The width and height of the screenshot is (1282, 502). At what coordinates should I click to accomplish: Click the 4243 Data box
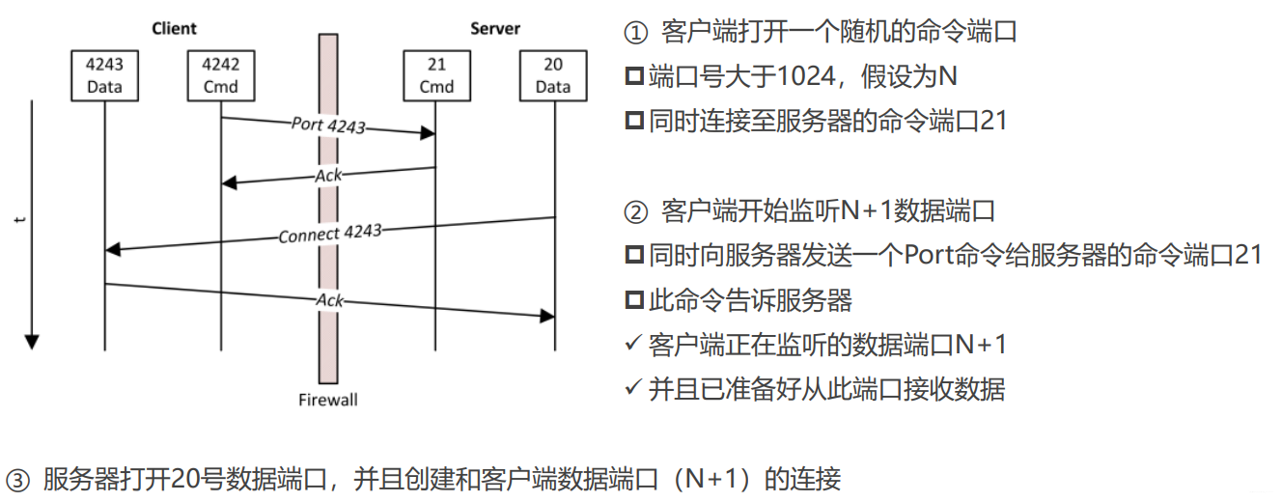coord(104,75)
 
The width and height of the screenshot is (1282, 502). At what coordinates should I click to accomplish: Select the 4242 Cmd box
coord(220,75)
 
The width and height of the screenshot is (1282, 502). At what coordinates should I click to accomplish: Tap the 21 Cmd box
coord(435,75)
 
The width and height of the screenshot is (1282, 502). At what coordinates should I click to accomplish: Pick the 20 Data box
coord(553,75)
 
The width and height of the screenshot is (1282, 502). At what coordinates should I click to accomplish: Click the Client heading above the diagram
coord(175,29)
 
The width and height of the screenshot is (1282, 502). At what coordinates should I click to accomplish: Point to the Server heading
coord(494,29)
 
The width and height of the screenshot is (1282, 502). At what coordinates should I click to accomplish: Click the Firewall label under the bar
coord(328,399)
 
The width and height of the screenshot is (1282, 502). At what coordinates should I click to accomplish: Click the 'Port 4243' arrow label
coord(328,125)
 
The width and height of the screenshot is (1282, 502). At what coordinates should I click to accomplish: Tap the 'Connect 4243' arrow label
coord(330,234)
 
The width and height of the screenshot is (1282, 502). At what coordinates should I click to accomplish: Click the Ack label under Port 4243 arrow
coord(328,175)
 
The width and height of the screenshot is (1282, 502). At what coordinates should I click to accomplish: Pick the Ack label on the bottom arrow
coord(329,300)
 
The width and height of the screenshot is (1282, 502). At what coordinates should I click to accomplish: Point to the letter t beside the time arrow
coord(19,220)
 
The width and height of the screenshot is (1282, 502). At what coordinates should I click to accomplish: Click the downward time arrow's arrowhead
coord(31,341)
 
